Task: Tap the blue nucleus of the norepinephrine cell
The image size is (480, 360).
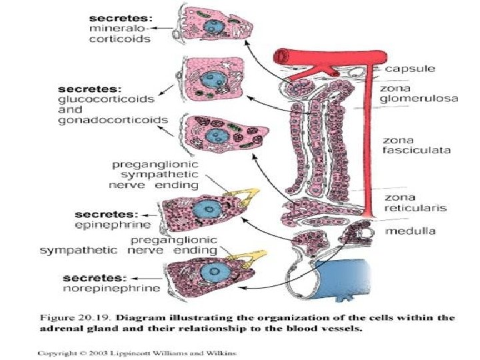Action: coord(217,273)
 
